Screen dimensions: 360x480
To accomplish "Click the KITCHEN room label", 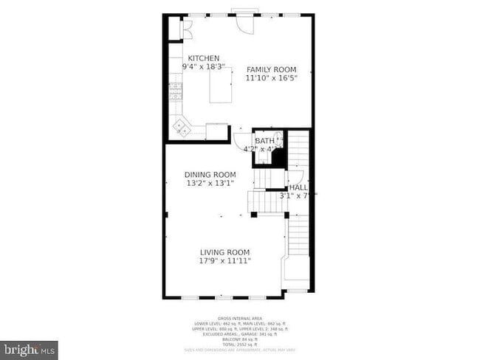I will [203, 58].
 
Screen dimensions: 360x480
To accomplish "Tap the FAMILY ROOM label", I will [271, 69].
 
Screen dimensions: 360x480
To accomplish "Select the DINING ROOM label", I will [210, 175].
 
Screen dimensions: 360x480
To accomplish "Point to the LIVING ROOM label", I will [224, 252].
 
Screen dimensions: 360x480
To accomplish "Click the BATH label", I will [264, 140].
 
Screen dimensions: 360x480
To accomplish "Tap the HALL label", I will [298, 187].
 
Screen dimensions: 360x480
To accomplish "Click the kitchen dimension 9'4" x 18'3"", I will [203, 66].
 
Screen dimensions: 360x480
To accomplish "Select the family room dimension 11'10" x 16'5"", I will [271, 77].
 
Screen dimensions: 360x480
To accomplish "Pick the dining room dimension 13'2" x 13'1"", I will [210, 183].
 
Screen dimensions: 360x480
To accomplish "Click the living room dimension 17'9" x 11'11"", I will [224, 260].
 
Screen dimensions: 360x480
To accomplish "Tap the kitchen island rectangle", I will [222, 86].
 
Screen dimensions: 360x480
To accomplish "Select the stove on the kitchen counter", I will [176, 91].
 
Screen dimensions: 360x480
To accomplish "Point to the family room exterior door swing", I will [243, 24].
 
